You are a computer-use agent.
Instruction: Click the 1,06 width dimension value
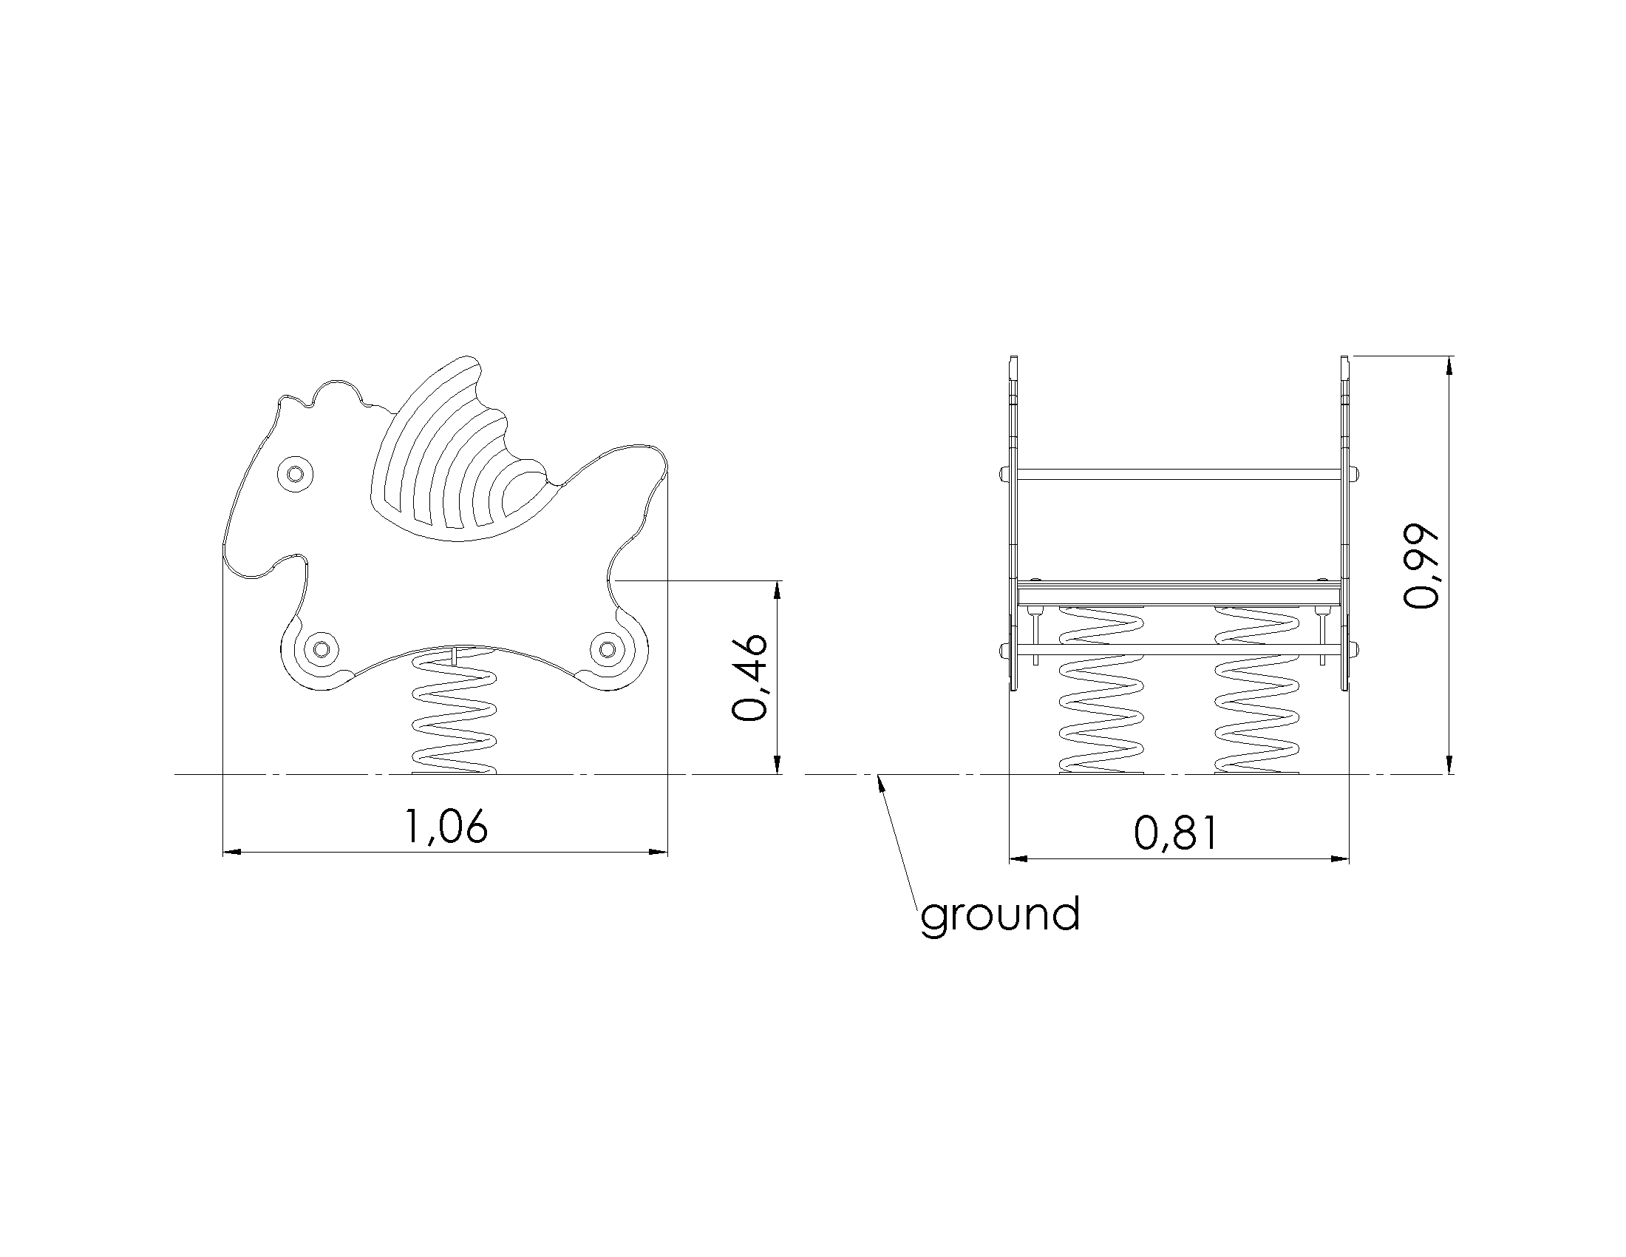pos(445,827)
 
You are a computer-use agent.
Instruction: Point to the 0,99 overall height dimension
pos(1421,566)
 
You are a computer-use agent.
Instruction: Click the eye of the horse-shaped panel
pos(295,473)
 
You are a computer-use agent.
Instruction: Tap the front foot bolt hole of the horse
pos(321,649)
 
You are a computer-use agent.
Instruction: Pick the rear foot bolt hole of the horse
pos(608,649)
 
